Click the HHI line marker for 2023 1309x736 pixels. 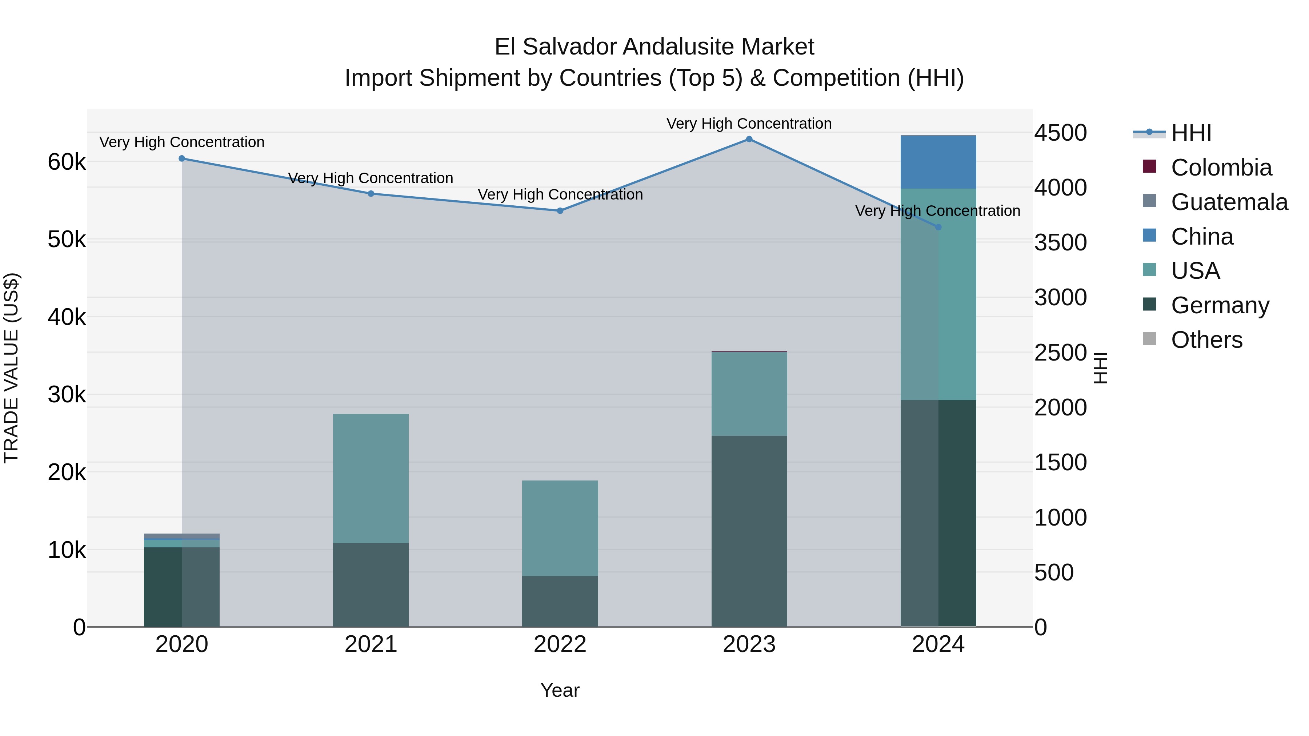(x=749, y=139)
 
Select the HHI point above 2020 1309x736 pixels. (x=182, y=158)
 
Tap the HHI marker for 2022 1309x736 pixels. (x=560, y=211)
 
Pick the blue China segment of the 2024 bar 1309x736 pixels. (x=938, y=162)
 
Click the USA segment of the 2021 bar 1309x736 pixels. (x=371, y=478)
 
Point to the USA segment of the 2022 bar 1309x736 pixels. (x=560, y=528)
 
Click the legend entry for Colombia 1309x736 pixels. (x=1221, y=168)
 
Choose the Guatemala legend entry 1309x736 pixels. (x=1229, y=202)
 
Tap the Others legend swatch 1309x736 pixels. (x=1149, y=339)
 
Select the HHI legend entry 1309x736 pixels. (x=1190, y=133)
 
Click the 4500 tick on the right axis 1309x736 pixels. (x=1061, y=133)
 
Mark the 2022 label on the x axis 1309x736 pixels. (x=560, y=644)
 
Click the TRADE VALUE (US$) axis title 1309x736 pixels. (x=11, y=368)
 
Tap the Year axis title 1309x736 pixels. (x=560, y=690)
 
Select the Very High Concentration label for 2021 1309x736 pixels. (x=371, y=178)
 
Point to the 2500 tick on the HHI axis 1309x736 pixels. (x=1061, y=353)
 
